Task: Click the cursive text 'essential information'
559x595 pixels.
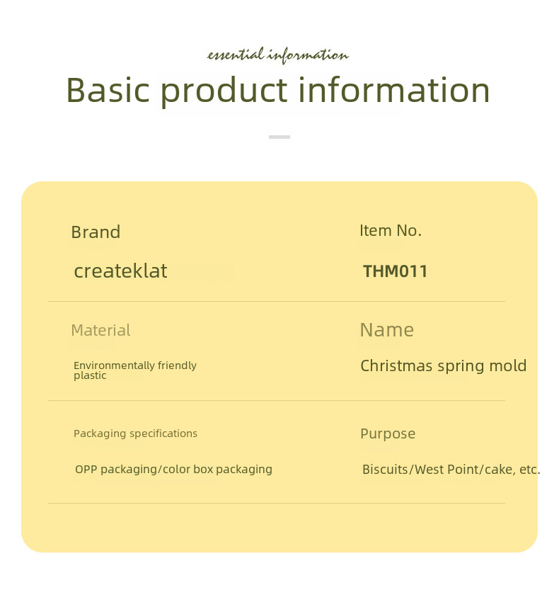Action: tap(278, 55)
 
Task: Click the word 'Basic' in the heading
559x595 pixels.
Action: tap(108, 90)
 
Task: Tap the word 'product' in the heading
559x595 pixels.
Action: tap(224, 91)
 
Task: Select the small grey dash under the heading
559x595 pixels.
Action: tap(279, 137)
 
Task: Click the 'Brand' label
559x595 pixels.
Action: tap(96, 232)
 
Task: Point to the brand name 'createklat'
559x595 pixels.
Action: tap(120, 271)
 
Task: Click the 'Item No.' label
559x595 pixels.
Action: tap(391, 230)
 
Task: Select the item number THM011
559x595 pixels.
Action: tap(396, 271)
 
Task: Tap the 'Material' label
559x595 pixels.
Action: tap(100, 330)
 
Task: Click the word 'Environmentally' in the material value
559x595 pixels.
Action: tap(114, 365)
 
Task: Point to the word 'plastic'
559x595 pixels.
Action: tap(90, 375)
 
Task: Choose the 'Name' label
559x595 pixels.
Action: tap(387, 330)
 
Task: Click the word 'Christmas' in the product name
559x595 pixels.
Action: tap(396, 365)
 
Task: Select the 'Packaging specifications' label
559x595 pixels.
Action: tap(135, 433)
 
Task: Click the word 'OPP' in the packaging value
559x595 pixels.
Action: tap(86, 470)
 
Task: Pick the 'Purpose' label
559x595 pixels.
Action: tap(388, 433)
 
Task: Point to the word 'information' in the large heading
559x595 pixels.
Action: tap(394, 90)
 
